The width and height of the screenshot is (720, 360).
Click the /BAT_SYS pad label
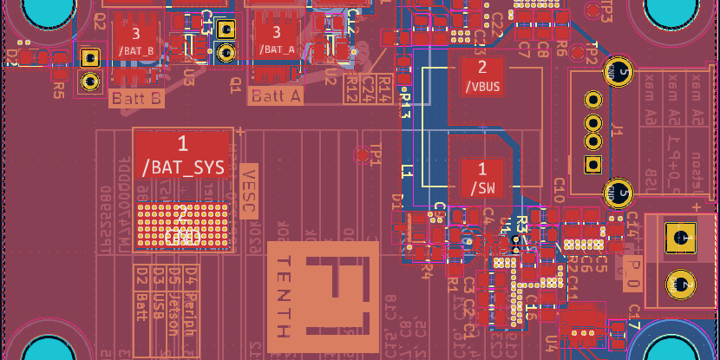[x=183, y=167]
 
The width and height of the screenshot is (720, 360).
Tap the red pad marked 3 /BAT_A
[x=278, y=40]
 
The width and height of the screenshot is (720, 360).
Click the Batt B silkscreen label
[x=136, y=99]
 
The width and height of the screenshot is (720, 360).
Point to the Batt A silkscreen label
[x=276, y=96]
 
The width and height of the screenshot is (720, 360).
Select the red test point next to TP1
[x=362, y=154]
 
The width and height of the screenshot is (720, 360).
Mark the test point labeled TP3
[x=592, y=10]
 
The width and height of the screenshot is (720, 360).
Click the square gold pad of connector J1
[x=593, y=164]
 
